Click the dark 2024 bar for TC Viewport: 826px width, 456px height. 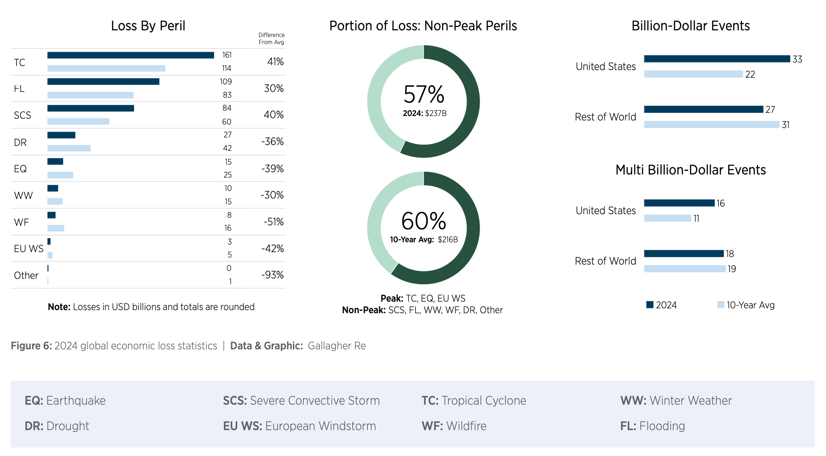pyautogui.click(x=130, y=55)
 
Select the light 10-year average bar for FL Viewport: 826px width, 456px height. pyautogui.click(x=90, y=95)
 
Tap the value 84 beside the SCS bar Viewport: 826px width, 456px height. pyautogui.click(x=227, y=108)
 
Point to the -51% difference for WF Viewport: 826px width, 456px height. pyautogui.click(x=273, y=222)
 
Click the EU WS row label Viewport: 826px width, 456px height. pyautogui.click(x=29, y=249)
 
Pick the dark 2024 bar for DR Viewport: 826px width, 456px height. pyautogui.click(x=61, y=135)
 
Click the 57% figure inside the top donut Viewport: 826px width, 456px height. pyautogui.click(x=424, y=95)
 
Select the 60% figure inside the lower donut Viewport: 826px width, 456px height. pyautogui.click(x=424, y=221)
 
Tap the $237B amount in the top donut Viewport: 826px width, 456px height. pyautogui.click(x=436, y=113)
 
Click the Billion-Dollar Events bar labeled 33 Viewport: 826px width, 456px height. pyautogui.click(x=717, y=59)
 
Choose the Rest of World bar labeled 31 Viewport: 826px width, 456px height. pyautogui.click(x=711, y=124)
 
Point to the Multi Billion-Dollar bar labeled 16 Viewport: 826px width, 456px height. pyautogui.click(x=679, y=203)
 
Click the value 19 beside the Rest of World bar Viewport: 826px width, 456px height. pyautogui.click(x=732, y=269)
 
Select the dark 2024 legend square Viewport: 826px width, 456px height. pyautogui.click(x=650, y=305)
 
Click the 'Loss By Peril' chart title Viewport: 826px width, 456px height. pyautogui.click(x=148, y=26)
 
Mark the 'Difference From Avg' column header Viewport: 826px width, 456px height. pyautogui.click(x=271, y=38)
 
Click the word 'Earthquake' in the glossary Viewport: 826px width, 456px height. pyautogui.click(x=76, y=401)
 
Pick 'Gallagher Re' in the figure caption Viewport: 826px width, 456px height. pyautogui.click(x=337, y=346)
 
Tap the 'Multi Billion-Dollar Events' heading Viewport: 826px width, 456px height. pyautogui.click(x=690, y=170)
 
